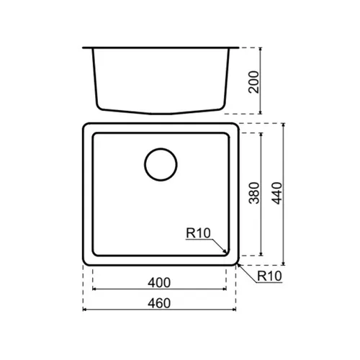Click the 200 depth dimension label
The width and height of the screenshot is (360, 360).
[254, 82]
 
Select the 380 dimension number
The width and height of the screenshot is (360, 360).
[254, 193]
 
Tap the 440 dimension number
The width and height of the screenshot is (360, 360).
[277, 193]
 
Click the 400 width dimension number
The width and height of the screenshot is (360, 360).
[159, 283]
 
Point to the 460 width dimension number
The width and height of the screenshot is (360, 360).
[159, 303]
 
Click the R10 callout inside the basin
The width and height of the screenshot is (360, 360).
[198, 233]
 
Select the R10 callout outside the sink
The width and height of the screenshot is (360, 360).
[269, 276]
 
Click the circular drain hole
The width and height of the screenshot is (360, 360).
[161, 164]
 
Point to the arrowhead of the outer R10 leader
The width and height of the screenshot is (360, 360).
[239, 265]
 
